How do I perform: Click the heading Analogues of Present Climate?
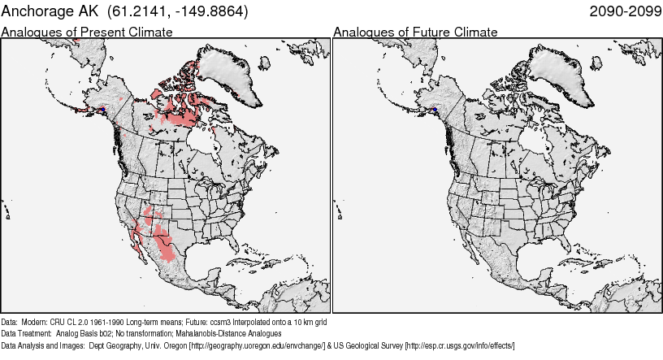click(x=87, y=33)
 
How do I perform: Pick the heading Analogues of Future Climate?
click(x=415, y=33)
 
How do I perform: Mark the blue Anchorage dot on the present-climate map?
click(x=103, y=110)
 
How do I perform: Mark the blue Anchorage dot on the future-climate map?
click(x=435, y=110)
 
